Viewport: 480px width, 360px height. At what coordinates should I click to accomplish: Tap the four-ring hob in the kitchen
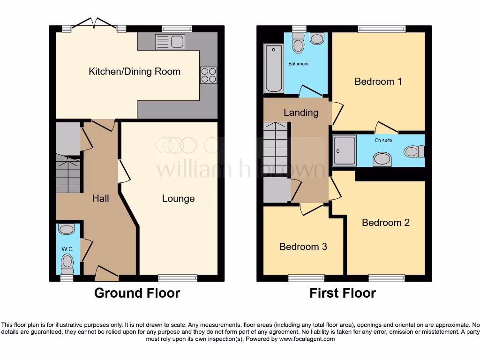(209, 75)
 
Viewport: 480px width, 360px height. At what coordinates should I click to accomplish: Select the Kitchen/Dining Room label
(135, 72)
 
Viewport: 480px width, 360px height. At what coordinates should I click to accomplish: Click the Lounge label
(178, 199)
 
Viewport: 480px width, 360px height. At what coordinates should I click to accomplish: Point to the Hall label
(100, 199)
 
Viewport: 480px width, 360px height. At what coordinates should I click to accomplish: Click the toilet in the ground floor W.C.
(67, 262)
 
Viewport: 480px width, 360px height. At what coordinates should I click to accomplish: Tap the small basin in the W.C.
(67, 230)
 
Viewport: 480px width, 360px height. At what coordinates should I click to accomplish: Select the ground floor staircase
(68, 174)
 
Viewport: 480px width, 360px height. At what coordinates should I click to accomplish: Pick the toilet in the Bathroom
(298, 45)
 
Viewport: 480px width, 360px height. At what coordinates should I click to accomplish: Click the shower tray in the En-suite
(345, 150)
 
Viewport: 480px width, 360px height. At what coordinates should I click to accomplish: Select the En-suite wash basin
(382, 159)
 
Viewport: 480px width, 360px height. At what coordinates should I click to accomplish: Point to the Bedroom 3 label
(303, 247)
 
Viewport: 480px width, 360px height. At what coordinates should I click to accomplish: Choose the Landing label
(301, 112)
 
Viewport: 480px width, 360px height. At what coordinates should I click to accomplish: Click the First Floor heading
(342, 293)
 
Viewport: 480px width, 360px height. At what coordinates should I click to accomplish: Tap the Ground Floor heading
(137, 293)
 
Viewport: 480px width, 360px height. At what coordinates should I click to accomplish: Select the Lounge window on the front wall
(178, 278)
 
